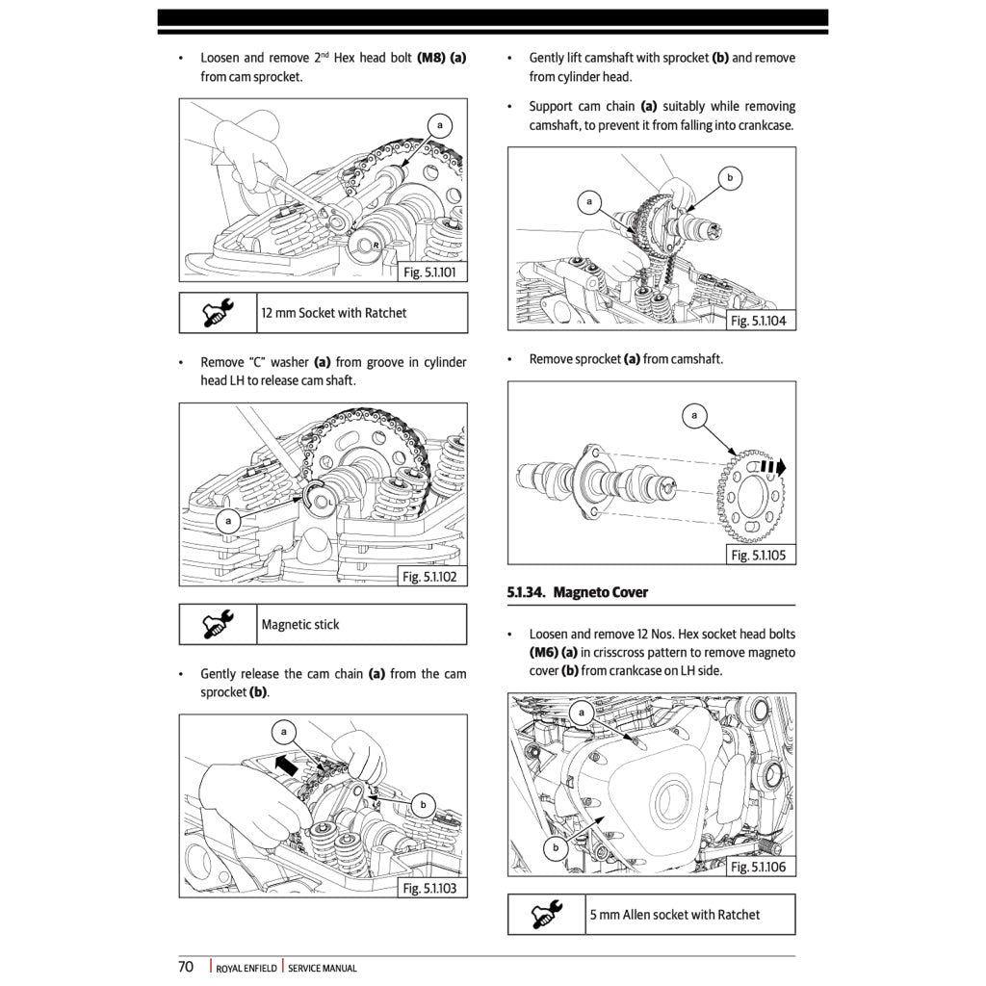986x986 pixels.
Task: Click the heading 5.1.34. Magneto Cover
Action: (x=578, y=592)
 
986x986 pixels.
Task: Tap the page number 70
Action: (x=186, y=967)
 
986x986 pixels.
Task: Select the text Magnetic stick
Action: (x=300, y=624)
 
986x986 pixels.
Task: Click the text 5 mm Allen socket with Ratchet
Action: (x=675, y=915)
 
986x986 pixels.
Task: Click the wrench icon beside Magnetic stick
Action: (x=218, y=624)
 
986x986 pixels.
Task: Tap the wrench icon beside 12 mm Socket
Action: (x=218, y=313)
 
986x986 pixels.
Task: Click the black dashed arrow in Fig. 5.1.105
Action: (x=772, y=466)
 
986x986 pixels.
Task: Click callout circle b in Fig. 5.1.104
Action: (x=730, y=178)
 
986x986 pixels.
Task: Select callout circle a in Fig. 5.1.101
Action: (x=440, y=126)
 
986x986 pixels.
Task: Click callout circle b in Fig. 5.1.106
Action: (x=555, y=848)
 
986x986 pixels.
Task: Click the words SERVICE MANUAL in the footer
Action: (x=323, y=969)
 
